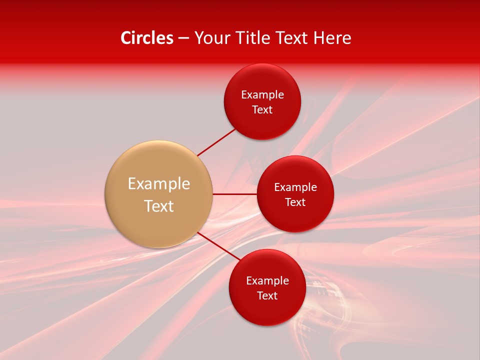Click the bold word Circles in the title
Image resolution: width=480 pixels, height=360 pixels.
tap(146, 38)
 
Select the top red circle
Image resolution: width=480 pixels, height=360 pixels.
tap(262, 125)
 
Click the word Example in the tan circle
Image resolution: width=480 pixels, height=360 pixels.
tap(159, 184)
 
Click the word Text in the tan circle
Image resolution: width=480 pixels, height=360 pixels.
tap(159, 206)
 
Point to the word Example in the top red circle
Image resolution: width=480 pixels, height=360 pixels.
tap(262, 95)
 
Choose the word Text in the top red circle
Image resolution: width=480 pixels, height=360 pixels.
tap(262, 110)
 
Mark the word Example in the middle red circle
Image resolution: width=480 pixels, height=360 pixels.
tap(295, 187)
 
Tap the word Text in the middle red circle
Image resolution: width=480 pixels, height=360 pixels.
tap(295, 202)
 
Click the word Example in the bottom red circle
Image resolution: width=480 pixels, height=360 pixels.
tap(267, 281)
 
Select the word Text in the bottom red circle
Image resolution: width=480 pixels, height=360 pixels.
tap(267, 296)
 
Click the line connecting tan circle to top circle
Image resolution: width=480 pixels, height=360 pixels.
tap(216, 142)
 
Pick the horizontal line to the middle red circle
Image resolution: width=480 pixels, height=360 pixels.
tap(234, 194)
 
